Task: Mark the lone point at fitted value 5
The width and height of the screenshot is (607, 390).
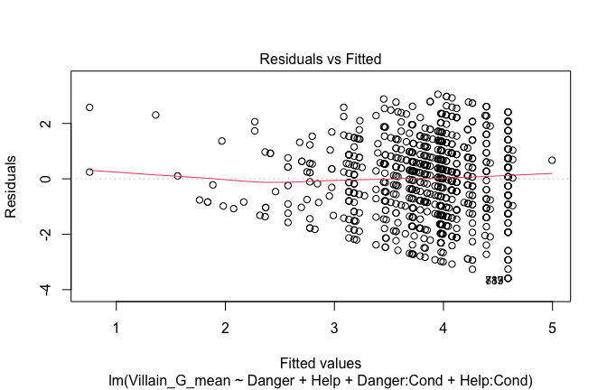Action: coord(552,161)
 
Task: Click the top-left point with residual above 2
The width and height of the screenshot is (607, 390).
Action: coord(89,107)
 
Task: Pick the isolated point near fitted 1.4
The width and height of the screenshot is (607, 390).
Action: coord(155,115)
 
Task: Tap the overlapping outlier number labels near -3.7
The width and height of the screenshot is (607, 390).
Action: coord(494,281)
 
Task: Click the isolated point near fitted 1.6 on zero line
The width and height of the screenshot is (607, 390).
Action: coord(177,175)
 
